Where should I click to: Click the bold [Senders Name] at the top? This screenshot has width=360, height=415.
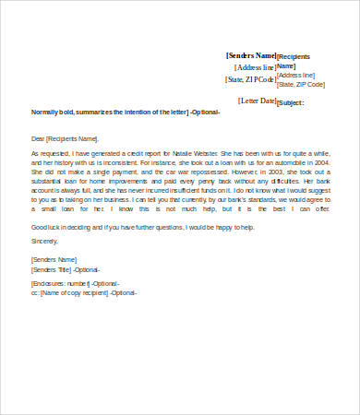[x=251, y=55]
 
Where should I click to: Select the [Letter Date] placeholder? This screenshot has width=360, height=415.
[x=257, y=101]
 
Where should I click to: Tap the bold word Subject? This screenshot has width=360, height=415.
[x=291, y=103]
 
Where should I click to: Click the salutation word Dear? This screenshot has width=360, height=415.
[x=39, y=137]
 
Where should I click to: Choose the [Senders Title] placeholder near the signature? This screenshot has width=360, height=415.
[x=57, y=268]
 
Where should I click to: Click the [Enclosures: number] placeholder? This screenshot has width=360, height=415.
[x=62, y=284]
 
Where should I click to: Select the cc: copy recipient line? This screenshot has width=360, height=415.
[x=84, y=293]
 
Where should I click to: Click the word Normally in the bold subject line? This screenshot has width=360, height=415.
[x=46, y=112]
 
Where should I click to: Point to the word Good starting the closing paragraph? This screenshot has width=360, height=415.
[x=40, y=226]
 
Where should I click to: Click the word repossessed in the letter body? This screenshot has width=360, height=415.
[x=201, y=171]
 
